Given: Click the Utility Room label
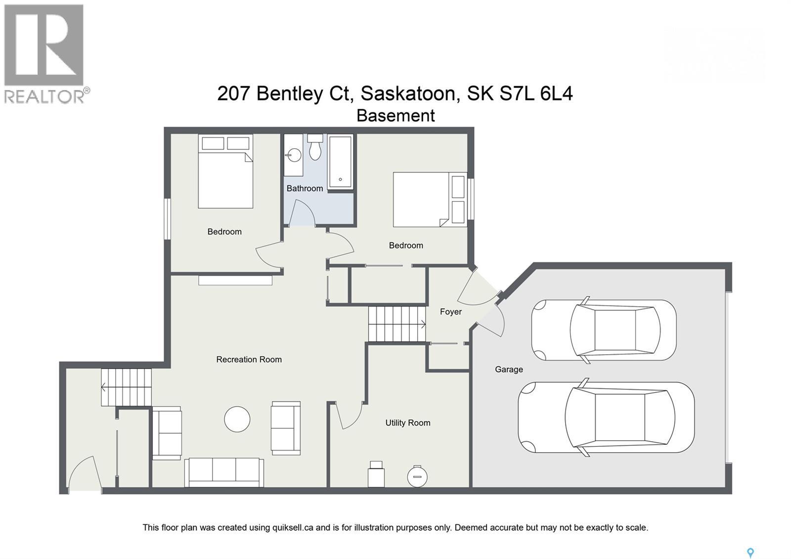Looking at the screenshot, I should [x=407, y=422].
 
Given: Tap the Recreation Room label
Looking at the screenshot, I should [x=249, y=360].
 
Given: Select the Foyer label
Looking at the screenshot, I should [x=450, y=312].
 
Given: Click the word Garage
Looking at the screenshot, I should [x=509, y=369].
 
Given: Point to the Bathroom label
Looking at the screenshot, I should [x=305, y=188].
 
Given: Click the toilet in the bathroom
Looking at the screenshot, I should [x=315, y=147].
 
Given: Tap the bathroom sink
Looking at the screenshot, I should [x=294, y=155].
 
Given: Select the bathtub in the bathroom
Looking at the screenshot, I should [x=341, y=161].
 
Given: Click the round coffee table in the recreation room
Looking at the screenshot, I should [x=237, y=419].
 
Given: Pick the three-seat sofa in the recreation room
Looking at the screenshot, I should [x=224, y=472].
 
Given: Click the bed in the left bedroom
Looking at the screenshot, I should [x=225, y=172].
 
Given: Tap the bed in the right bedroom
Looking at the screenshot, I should [x=430, y=199].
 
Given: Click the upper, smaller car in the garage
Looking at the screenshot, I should [x=604, y=330].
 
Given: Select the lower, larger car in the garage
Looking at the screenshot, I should [x=606, y=418].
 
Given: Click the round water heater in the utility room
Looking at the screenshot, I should [x=417, y=476].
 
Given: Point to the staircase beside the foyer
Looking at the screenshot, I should [x=397, y=324].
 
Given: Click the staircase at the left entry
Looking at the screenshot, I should [x=127, y=387].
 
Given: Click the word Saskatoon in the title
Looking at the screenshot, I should [x=408, y=93].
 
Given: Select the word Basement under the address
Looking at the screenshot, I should [x=395, y=116].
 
